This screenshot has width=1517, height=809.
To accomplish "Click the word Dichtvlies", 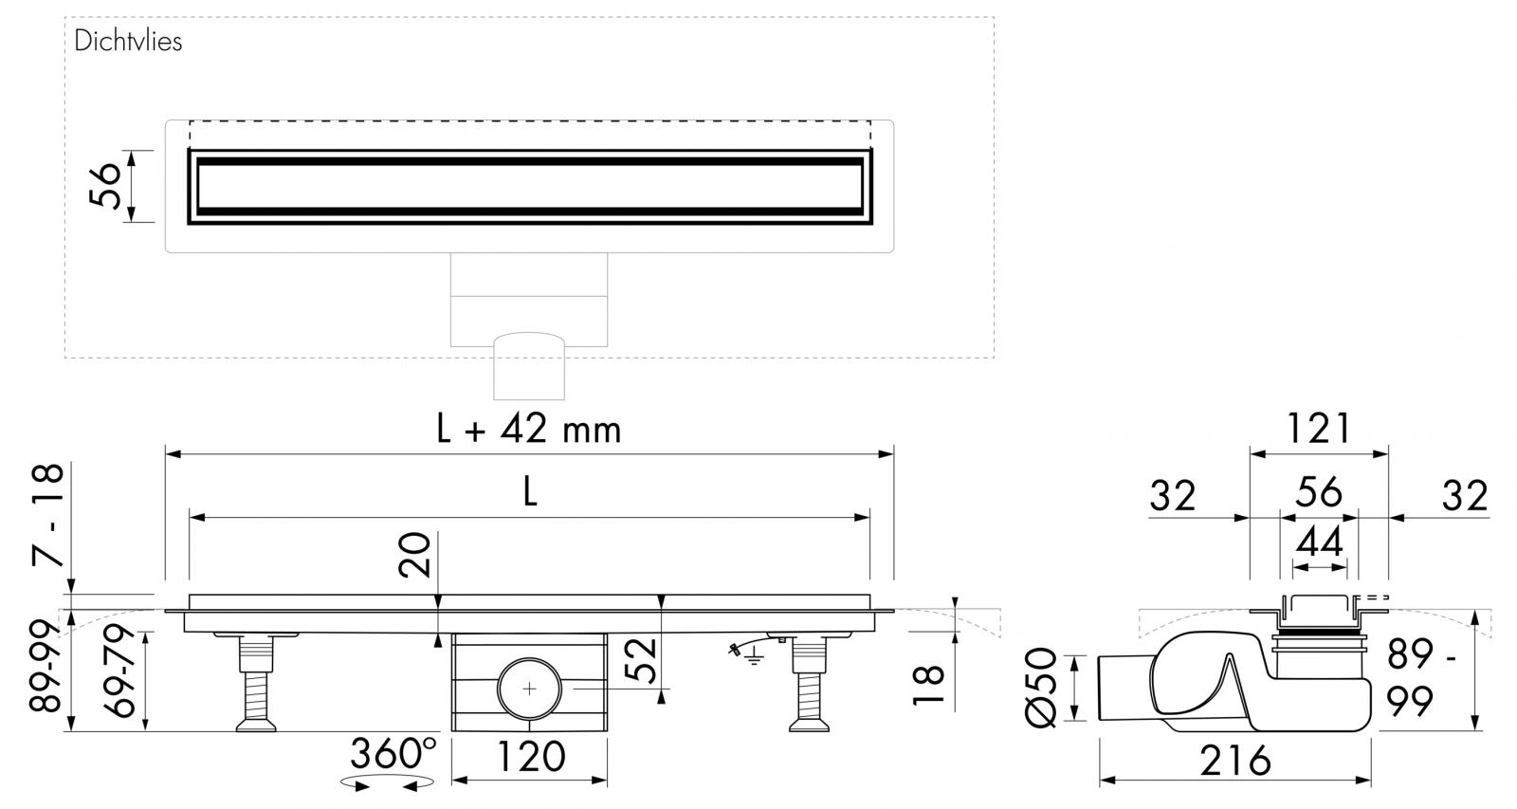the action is pos(128,42).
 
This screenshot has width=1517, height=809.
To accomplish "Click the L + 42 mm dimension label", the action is pos(528,430).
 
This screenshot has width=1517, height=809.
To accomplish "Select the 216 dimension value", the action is pos(1234,760).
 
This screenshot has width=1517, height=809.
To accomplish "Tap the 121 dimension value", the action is pos(1318,430).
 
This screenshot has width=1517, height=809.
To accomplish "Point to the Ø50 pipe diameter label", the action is pos(1041,688).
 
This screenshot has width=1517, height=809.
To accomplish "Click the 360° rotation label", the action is pos(393,754).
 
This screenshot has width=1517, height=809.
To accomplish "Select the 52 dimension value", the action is pos(641,662).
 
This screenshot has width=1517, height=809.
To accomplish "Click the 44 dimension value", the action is pos(1319,542).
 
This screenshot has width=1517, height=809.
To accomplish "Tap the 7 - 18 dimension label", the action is pos(46,515).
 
